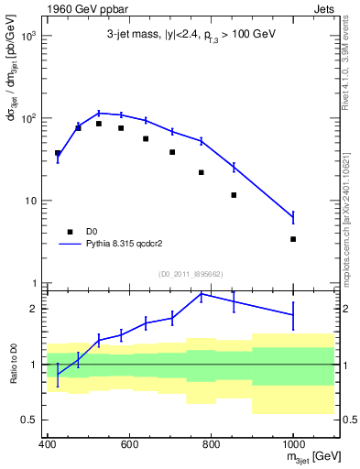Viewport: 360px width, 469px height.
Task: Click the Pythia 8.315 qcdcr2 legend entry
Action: pos(124,245)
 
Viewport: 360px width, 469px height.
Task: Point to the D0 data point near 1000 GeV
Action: pos(293,239)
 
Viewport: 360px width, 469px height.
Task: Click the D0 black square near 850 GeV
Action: pos(235,195)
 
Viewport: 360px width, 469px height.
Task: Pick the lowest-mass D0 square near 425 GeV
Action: pos(58,153)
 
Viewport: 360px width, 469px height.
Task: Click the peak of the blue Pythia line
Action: pos(99,113)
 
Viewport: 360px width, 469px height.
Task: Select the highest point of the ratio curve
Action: pos(202,294)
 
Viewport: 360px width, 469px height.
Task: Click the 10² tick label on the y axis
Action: pos(29,118)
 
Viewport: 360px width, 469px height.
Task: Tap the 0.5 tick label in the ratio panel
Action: pos(30,420)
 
